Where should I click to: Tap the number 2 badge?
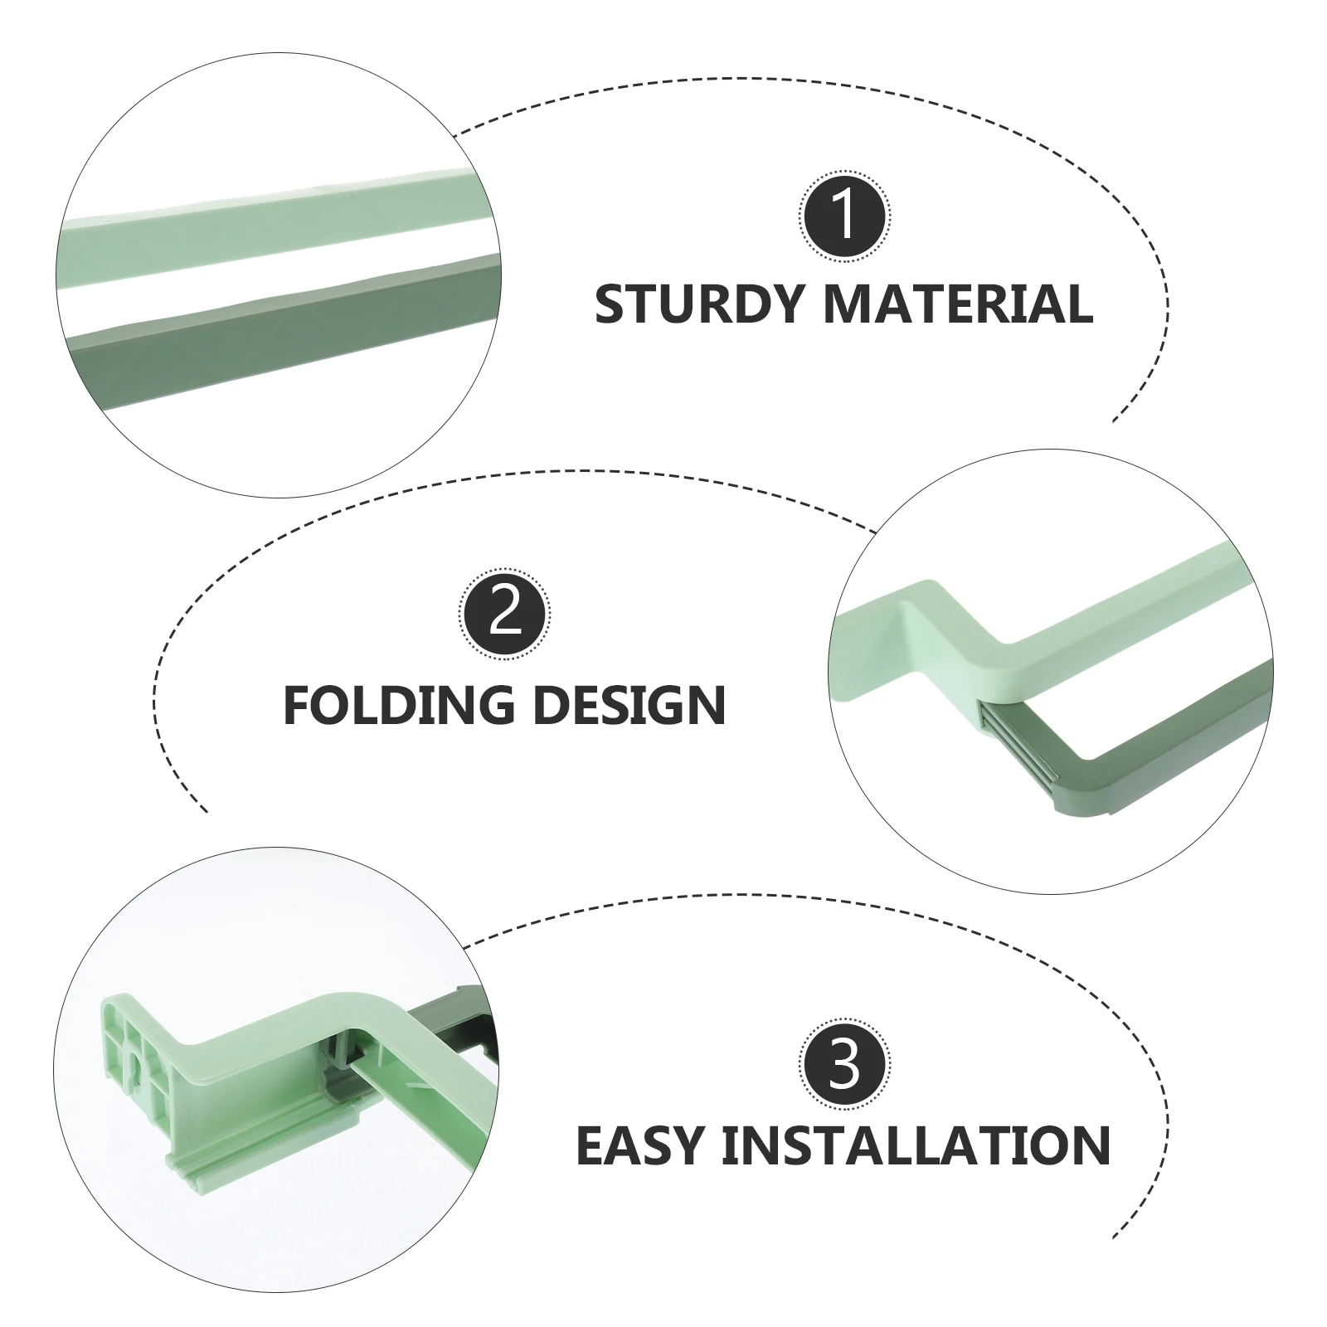tap(505, 616)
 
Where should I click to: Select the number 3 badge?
tap(844, 1067)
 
